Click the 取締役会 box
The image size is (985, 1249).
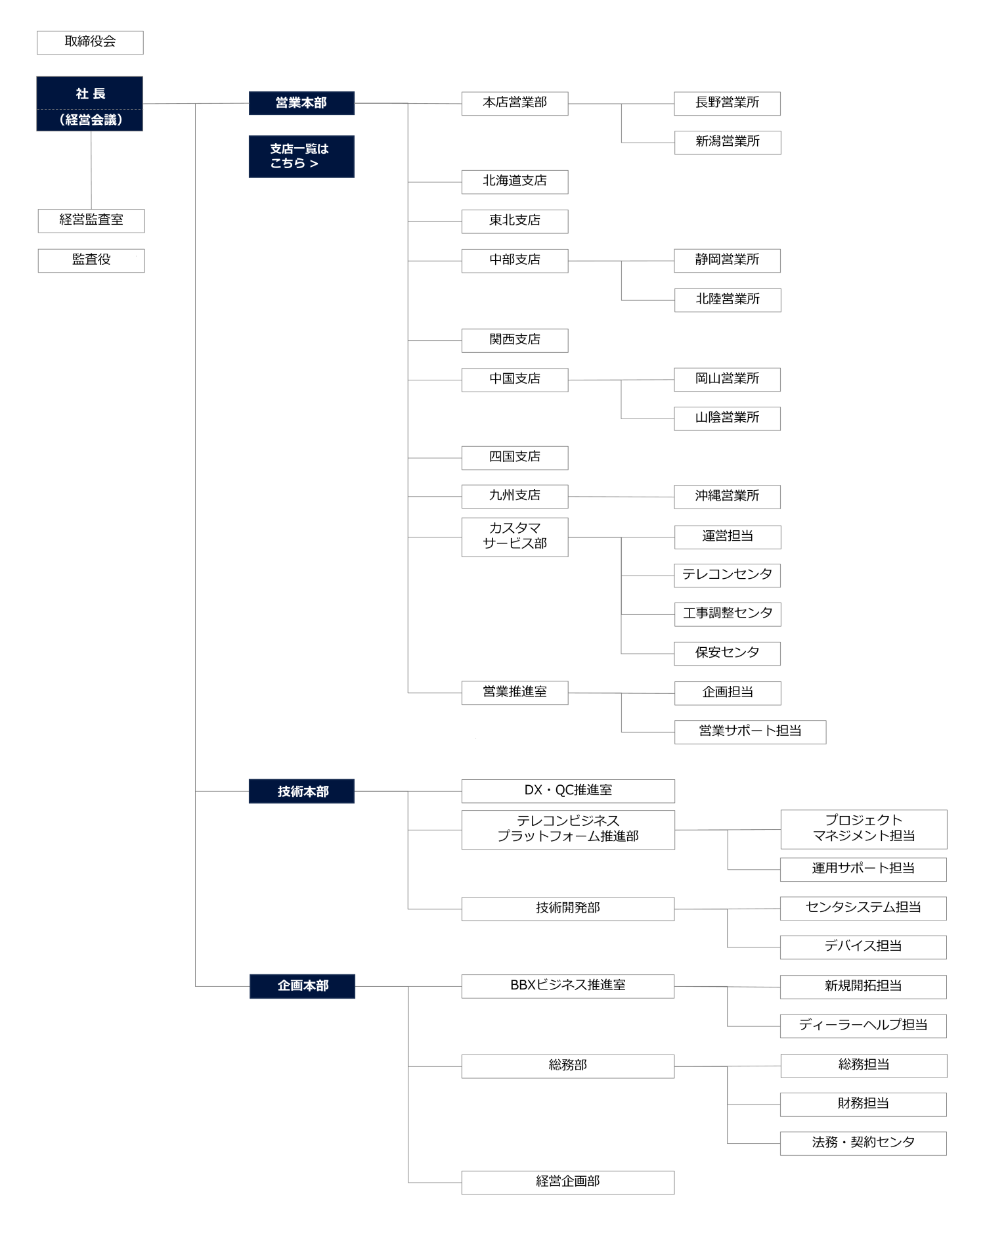click(90, 43)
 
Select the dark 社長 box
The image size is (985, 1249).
click(89, 104)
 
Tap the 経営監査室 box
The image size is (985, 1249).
click(91, 221)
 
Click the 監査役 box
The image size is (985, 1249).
click(91, 260)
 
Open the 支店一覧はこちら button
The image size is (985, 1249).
click(301, 156)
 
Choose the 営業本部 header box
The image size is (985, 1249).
click(301, 103)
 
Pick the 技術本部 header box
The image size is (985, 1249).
click(301, 791)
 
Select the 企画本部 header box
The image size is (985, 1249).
click(302, 986)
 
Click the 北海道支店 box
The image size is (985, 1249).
click(515, 182)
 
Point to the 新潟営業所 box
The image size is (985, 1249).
click(728, 143)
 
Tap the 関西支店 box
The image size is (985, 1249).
click(515, 340)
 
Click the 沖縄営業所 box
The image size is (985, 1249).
click(728, 497)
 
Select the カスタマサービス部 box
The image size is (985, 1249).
click(515, 537)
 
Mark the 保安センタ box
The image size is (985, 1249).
click(728, 654)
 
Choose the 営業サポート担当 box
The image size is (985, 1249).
click(750, 732)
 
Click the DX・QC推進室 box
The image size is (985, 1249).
click(568, 791)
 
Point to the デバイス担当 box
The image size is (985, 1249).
click(864, 947)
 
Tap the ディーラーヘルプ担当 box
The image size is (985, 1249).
click(864, 1026)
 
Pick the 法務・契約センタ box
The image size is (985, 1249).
click(864, 1143)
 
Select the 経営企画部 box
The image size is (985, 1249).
click(568, 1183)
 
